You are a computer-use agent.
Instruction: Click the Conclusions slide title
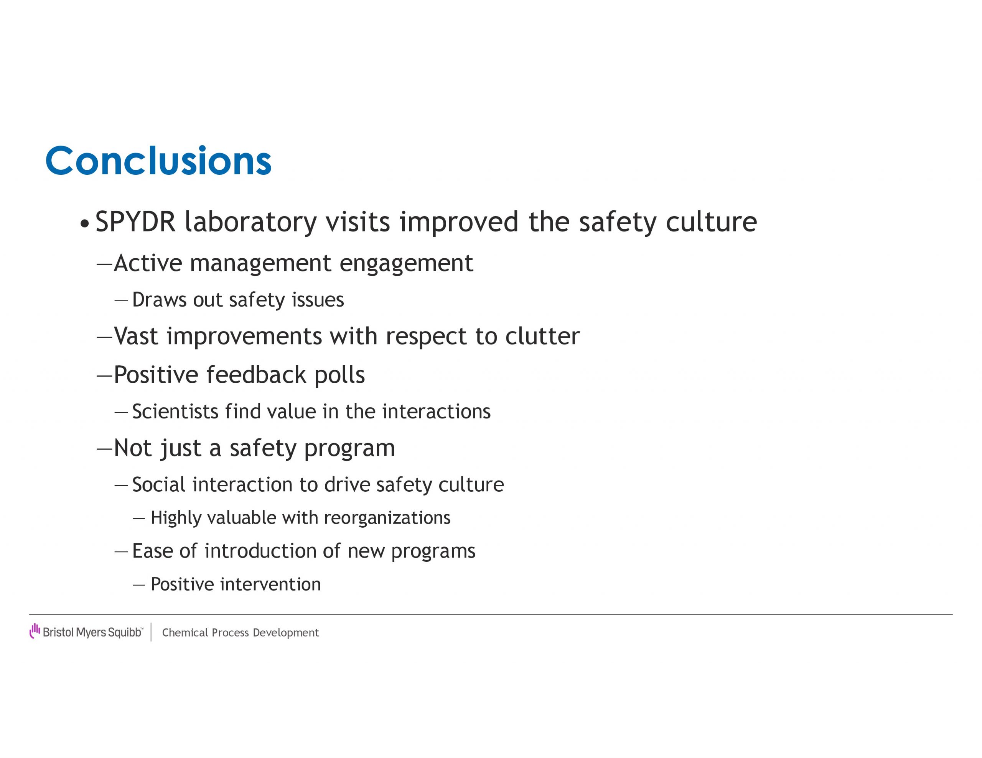pyautogui.click(x=158, y=161)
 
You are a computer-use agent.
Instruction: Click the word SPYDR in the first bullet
pyautogui.click(x=135, y=222)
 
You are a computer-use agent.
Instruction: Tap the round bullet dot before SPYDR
pyautogui.click(x=84, y=223)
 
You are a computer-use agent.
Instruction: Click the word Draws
pyautogui.click(x=159, y=300)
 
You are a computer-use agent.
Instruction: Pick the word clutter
pyautogui.click(x=542, y=336)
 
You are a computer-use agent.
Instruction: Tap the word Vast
pyautogui.click(x=136, y=336)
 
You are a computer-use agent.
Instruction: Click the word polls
pyautogui.click(x=339, y=374)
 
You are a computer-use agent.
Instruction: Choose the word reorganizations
pyautogui.click(x=387, y=518)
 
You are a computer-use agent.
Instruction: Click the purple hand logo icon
pyautogui.click(x=35, y=630)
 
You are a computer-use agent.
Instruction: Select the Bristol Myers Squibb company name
pyautogui.click(x=92, y=632)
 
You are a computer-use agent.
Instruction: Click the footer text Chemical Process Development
pyautogui.click(x=240, y=633)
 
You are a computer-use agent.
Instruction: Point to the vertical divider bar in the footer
pyautogui.click(x=151, y=632)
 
